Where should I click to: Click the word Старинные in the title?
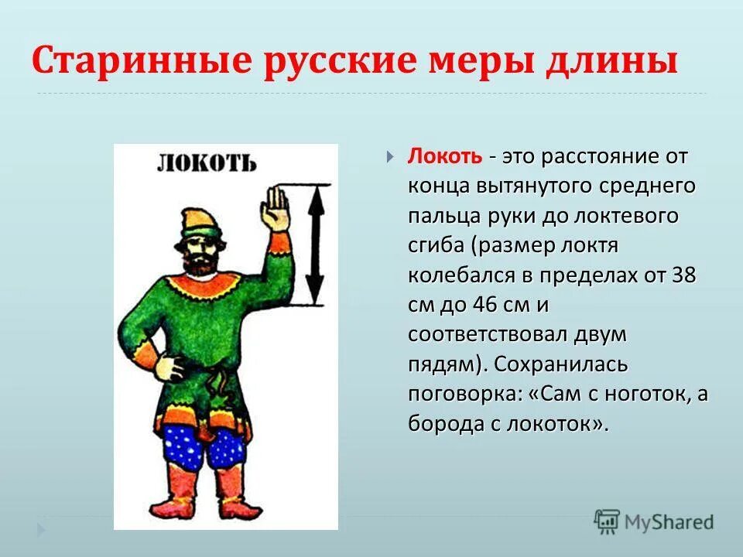[136, 60]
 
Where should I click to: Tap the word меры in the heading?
[484, 60]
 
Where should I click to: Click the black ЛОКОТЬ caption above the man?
[206, 163]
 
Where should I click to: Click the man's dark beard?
[203, 263]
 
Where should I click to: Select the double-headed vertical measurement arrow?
[315, 244]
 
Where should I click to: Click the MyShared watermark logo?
[653, 520]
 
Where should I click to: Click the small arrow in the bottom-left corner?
[42, 530]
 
